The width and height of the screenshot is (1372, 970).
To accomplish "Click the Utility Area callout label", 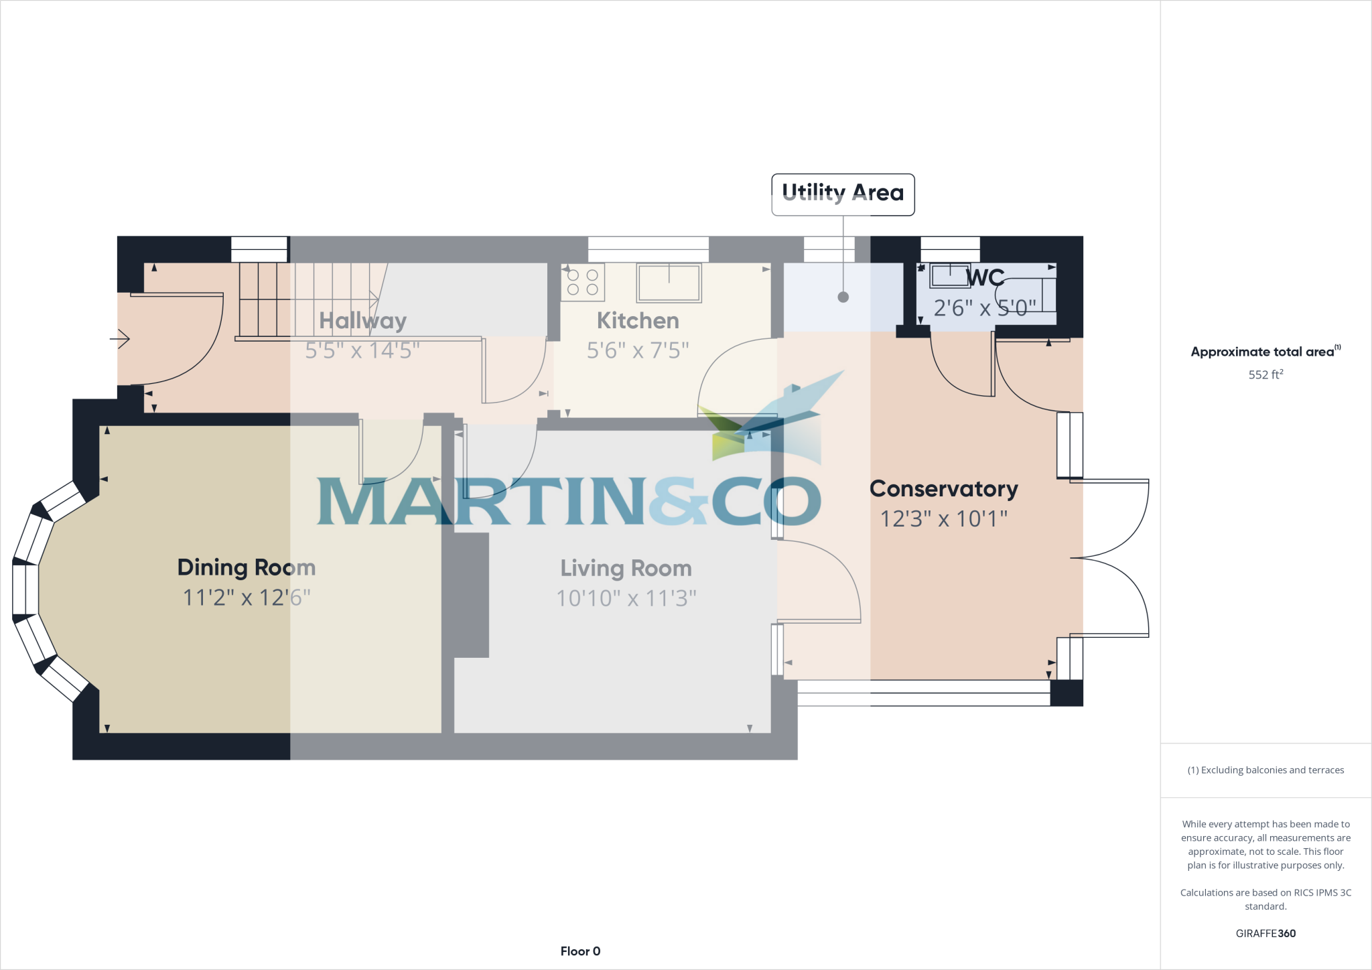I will pyautogui.click(x=843, y=194).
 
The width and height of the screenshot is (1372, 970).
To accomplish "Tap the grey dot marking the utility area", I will pyautogui.click(x=843, y=297).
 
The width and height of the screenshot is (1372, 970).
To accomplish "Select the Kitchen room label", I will pyautogui.click(x=638, y=321).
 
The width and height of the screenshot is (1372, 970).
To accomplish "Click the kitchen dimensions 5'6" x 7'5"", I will pyautogui.click(x=638, y=350).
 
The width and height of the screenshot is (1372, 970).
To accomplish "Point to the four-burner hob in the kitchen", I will pyautogui.click(x=583, y=282).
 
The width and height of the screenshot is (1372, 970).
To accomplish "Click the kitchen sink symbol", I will pyautogui.click(x=669, y=283).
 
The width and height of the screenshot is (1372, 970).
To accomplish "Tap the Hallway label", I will pyautogui.click(x=362, y=321).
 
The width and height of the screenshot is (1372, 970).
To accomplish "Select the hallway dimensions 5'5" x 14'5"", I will pyautogui.click(x=362, y=350).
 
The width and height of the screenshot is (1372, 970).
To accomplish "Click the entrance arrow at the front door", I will pyautogui.click(x=120, y=339).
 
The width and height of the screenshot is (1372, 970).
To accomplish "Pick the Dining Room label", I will pyautogui.click(x=247, y=567).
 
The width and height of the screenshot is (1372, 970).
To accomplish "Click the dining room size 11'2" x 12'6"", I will pyautogui.click(x=247, y=598).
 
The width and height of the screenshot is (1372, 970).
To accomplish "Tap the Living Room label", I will pyautogui.click(x=626, y=568).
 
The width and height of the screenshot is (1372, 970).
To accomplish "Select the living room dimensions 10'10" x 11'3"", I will pyautogui.click(x=626, y=598).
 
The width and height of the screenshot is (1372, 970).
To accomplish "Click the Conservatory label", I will pyautogui.click(x=943, y=489).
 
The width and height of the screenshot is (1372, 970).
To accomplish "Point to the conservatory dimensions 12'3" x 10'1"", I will pyautogui.click(x=943, y=519).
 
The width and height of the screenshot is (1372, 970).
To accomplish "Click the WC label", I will pyautogui.click(x=985, y=277).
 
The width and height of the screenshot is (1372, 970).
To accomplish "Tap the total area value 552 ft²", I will pyautogui.click(x=1265, y=374).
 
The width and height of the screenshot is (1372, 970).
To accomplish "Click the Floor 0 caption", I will pyautogui.click(x=580, y=951).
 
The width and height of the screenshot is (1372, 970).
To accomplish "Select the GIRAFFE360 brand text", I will pyautogui.click(x=1265, y=933).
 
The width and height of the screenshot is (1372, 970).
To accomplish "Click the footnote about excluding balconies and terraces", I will pyautogui.click(x=1265, y=770).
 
